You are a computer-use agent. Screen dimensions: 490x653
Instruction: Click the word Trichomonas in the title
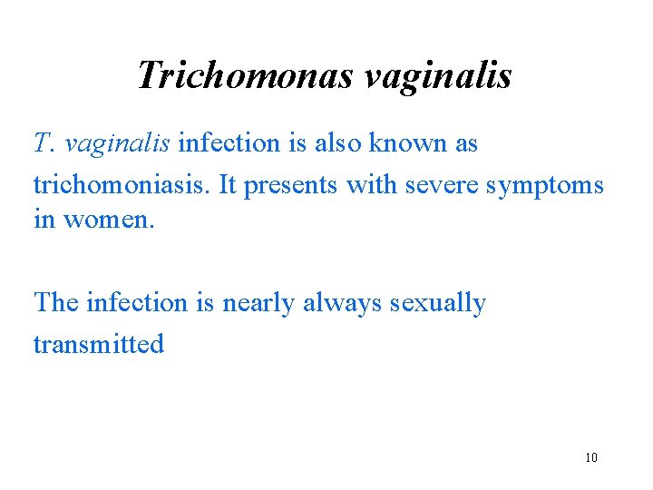(244, 74)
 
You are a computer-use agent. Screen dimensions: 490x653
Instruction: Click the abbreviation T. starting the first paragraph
(44, 143)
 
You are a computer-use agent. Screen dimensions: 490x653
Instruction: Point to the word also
(338, 143)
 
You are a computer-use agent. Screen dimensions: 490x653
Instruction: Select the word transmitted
(99, 344)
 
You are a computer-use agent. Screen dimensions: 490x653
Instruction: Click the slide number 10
(591, 457)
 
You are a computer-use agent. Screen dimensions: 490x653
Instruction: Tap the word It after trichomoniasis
(227, 185)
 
